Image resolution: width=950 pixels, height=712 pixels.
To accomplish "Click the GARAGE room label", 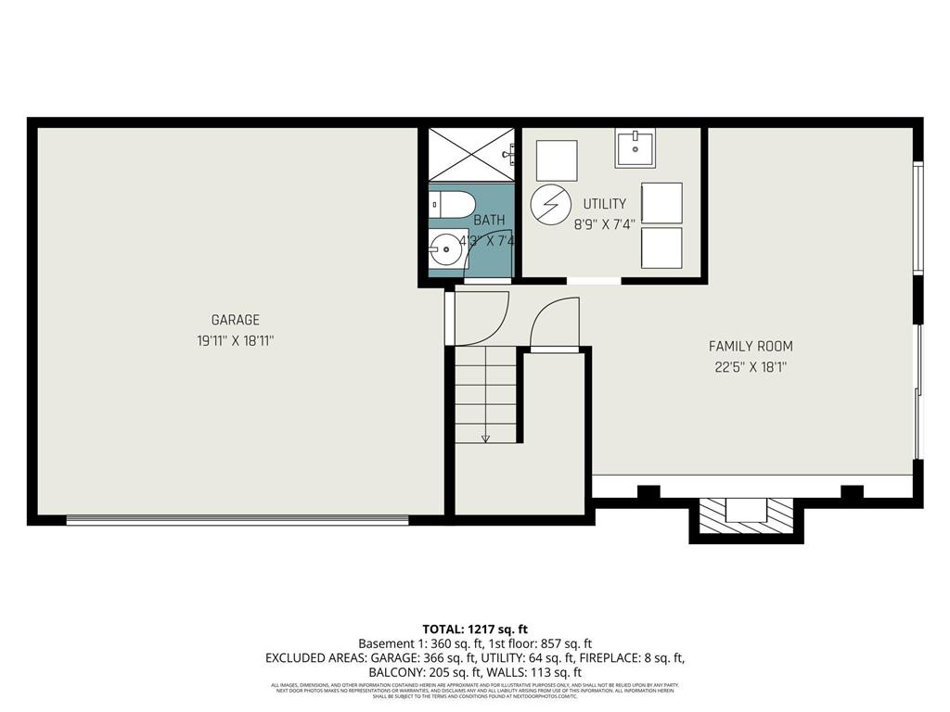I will coord(235,320).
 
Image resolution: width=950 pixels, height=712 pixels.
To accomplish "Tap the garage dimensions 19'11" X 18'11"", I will coord(235,340).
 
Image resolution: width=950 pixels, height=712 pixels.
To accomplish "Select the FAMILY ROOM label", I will coord(751,346).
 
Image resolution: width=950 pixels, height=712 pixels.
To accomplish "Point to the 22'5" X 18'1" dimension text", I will coord(751,366).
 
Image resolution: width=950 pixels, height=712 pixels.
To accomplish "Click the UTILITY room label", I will coord(604,203).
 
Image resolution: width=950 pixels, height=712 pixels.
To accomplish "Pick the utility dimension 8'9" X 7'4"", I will coord(604,223).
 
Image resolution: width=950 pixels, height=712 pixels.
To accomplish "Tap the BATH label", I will coord(489,220).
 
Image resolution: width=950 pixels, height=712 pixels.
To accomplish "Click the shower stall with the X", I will coord(470,154).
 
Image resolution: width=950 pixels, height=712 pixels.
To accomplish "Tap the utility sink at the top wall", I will coord(635,146).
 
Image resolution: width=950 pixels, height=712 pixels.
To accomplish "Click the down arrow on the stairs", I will coord(485,436).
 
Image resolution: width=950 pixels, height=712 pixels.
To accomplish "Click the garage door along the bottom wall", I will coord(237,520).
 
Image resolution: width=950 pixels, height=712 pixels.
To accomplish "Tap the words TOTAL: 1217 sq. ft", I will coord(475,628).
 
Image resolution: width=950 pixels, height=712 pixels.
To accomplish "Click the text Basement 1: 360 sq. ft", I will coord(410,642).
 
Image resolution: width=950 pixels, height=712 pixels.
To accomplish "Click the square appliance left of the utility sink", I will coord(557,160).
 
